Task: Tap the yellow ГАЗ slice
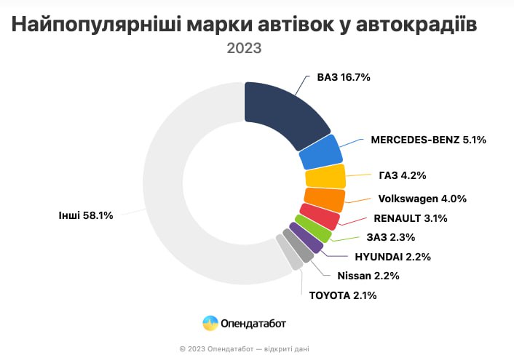click(x=325, y=177)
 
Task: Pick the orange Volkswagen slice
click(x=323, y=198)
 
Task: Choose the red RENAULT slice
click(x=319, y=216)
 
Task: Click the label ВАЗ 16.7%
click(x=344, y=76)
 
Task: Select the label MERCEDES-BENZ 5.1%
click(x=427, y=139)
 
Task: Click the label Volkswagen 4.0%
click(x=422, y=198)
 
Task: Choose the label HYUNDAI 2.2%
click(x=393, y=256)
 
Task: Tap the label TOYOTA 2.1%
click(x=344, y=295)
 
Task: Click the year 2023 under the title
click(x=244, y=49)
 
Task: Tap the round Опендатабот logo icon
click(x=210, y=322)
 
